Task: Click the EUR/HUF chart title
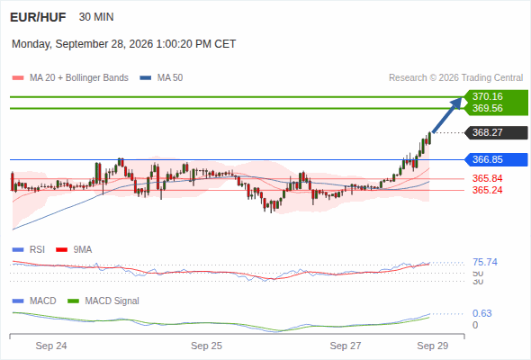[38, 17]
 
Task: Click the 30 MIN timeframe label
[96, 17]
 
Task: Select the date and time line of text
[123, 44]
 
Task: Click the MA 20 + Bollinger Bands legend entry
[70, 78]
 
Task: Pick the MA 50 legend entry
[161, 78]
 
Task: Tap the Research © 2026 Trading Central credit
[455, 78]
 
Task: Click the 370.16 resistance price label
[488, 96]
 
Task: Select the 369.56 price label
[488, 108]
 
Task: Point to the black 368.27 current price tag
[496, 132]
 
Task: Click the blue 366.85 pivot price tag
[496, 159]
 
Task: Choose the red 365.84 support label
[487, 178]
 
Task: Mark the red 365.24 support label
[487, 190]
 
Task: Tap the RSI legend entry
[29, 250]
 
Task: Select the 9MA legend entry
[74, 250]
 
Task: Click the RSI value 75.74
[485, 262]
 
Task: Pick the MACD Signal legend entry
[103, 301]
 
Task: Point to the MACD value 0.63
[481, 313]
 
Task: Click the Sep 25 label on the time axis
[206, 346]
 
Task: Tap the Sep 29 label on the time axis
[433, 346]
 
